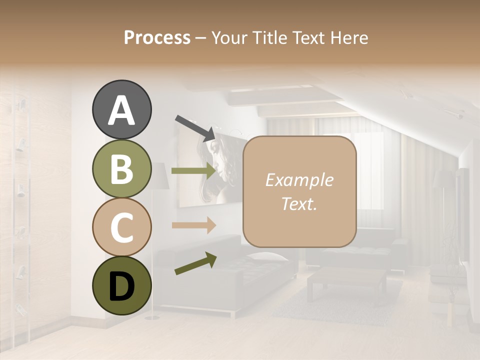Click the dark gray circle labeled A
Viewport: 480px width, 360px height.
tap(122, 110)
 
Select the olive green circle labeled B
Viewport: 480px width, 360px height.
tap(122, 169)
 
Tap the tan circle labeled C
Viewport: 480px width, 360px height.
tap(122, 227)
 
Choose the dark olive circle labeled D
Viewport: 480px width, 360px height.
tap(122, 285)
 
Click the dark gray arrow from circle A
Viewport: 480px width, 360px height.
tap(195, 128)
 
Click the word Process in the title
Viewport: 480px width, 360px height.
tap(157, 38)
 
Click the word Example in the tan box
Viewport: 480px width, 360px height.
tap(299, 180)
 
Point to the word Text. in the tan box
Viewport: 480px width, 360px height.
tap(299, 203)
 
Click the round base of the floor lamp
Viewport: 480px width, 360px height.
tap(151, 317)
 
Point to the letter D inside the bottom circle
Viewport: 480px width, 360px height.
tap(122, 286)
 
